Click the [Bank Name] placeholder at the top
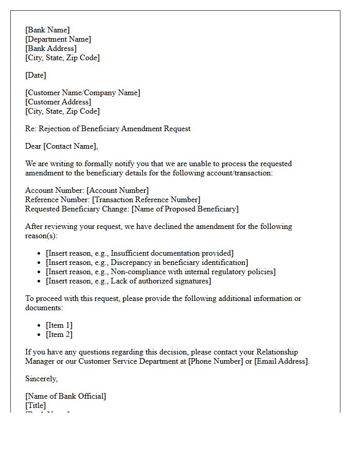point(47,30)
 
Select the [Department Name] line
point(58,39)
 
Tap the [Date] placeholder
point(35,75)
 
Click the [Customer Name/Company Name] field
point(82,93)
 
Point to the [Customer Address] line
point(58,102)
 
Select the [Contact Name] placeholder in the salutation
point(70,146)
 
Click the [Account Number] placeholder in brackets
point(118,190)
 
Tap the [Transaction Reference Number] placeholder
point(146,200)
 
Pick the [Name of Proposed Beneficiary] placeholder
point(185,209)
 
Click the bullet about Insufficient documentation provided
point(139,253)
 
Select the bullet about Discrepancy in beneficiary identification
point(147,262)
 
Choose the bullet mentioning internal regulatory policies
point(160,272)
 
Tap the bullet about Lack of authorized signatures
point(128,281)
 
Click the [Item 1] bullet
point(59,325)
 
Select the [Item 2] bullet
point(59,334)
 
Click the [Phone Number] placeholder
point(215,361)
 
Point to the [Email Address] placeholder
point(281,361)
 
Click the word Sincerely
point(41,379)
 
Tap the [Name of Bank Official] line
point(65,396)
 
